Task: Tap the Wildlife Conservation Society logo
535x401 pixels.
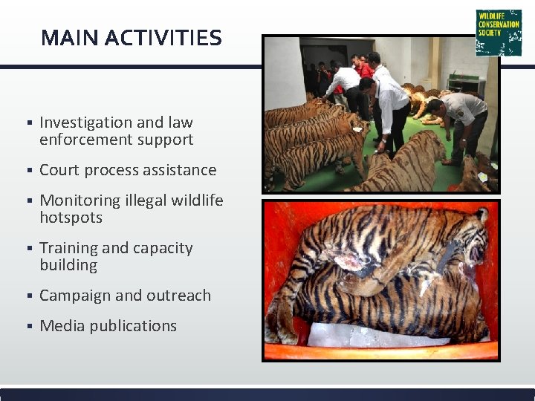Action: click(x=499, y=32)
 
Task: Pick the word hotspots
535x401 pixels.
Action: click(x=71, y=218)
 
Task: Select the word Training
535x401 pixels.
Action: click(x=68, y=249)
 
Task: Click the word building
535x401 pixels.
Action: click(x=68, y=265)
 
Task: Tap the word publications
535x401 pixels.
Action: click(x=133, y=326)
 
